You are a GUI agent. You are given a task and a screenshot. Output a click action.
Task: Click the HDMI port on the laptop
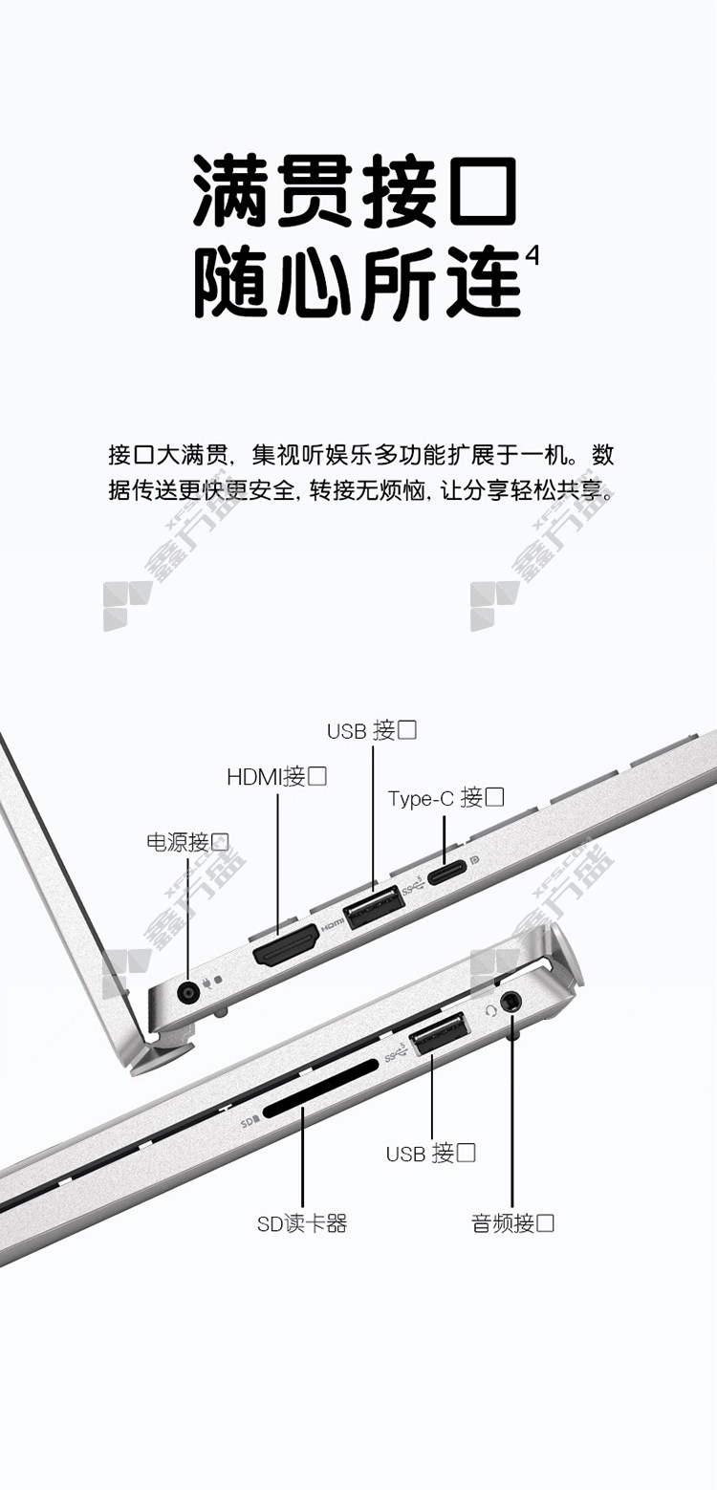[286, 944]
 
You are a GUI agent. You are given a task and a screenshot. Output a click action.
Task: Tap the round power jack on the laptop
[188, 994]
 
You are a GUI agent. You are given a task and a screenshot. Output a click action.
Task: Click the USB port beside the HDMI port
[373, 907]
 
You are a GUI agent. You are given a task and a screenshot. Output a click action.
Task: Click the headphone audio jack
[511, 1001]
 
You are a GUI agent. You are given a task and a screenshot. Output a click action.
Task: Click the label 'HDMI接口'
[276, 776]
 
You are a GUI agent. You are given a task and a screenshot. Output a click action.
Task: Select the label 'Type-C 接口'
[445, 797]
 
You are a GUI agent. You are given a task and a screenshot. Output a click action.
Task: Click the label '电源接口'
[187, 841]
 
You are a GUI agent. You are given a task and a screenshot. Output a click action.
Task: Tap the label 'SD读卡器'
[302, 1223]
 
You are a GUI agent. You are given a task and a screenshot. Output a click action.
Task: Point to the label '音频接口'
[512, 1222]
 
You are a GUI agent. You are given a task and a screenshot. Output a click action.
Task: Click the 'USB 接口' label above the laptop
[372, 730]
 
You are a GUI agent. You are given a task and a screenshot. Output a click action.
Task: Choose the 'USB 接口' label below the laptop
[430, 1153]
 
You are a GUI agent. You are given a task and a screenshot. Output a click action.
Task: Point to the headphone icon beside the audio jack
[490, 1010]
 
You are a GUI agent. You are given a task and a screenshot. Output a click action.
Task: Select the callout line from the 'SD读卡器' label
[303, 1156]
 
